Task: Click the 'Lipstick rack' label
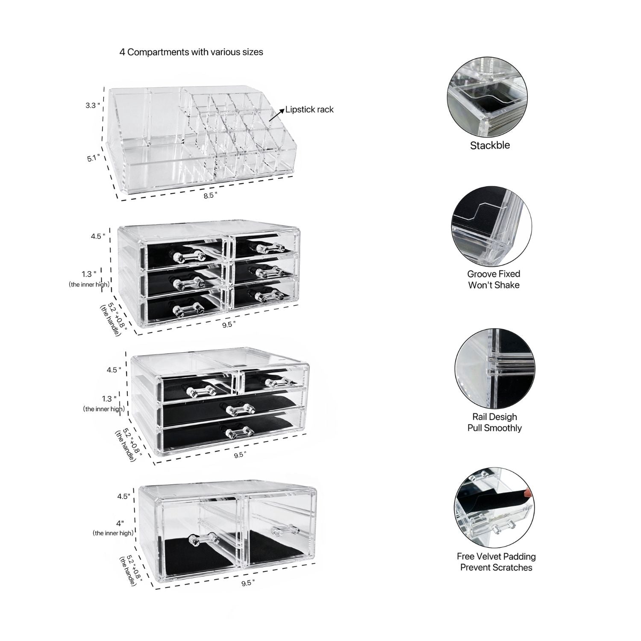309,109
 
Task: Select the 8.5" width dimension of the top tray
210,195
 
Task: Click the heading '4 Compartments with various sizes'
191,52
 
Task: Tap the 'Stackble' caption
490,145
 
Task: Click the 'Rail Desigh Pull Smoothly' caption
494,422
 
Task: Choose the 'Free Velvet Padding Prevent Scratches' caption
496,562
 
